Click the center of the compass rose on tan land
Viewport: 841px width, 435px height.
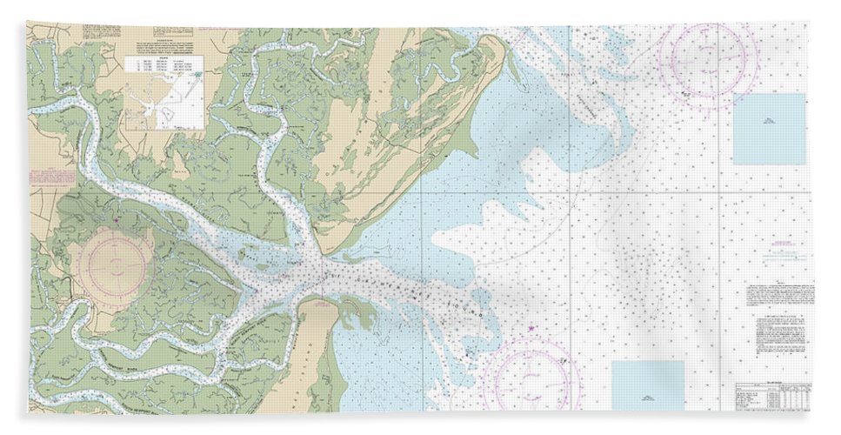pos(116,258)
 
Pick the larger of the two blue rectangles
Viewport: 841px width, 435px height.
pos(768,130)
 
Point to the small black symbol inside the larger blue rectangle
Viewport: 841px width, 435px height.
pos(768,123)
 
